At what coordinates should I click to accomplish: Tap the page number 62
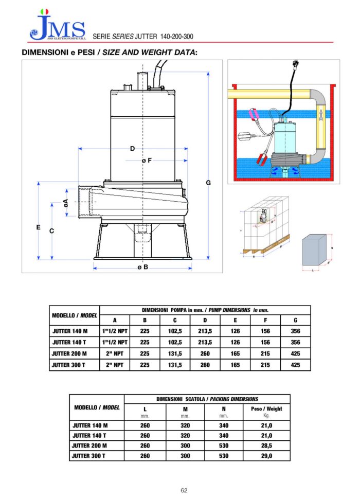pyautogui.click(x=184, y=490)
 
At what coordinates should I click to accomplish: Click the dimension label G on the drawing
pyautogui.click(x=208, y=183)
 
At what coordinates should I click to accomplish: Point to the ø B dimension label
pyautogui.click(x=142, y=267)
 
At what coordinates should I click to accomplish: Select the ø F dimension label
pyautogui.click(x=147, y=160)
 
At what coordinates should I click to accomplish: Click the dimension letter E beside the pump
pyautogui.click(x=39, y=227)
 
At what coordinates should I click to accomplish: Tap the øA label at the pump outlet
pyautogui.click(x=65, y=203)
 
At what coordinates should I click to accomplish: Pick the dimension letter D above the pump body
pyautogui.click(x=132, y=149)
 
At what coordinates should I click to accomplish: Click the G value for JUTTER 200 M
pyautogui.click(x=295, y=353)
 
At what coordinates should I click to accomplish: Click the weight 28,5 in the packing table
pyautogui.click(x=266, y=445)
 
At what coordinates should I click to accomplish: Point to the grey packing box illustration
pyautogui.click(x=315, y=251)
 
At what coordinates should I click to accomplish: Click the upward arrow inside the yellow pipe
pyautogui.click(x=321, y=115)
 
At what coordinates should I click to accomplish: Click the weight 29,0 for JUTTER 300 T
pyautogui.click(x=266, y=455)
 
